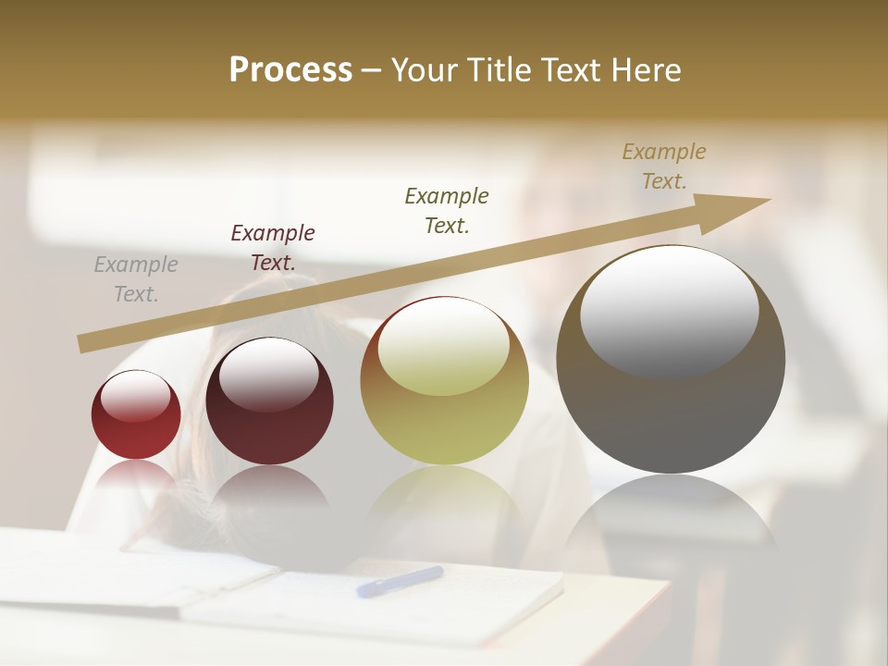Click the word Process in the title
click(x=290, y=70)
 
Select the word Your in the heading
click(x=426, y=70)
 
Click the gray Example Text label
click(x=136, y=279)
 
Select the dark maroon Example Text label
click(x=273, y=248)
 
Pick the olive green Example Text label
click(x=447, y=210)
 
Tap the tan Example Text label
click(x=664, y=166)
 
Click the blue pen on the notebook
click(x=400, y=582)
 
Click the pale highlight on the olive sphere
click(x=444, y=347)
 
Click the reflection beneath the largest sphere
click(x=671, y=513)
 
